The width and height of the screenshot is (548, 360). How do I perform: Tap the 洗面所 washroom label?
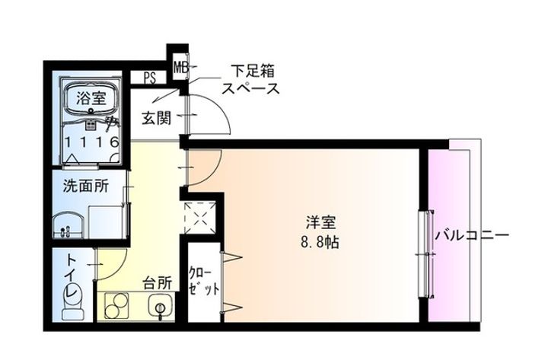(84, 186)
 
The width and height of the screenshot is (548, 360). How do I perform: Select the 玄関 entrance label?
(155, 119)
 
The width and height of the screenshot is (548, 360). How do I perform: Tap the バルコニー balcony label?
(471, 237)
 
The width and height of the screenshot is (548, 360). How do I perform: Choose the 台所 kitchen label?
(158, 283)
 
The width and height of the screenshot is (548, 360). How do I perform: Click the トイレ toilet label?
(72, 275)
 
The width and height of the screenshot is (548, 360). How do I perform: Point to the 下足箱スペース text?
(249, 78)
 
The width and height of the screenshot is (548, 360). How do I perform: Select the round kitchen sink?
(161, 308)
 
